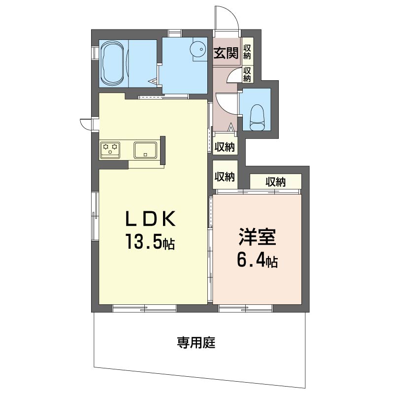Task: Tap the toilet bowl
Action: [x=257, y=117]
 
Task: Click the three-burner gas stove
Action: [x=110, y=150]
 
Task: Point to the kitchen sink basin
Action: [x=145, y=150]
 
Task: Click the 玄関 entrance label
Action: [x=226, y=53]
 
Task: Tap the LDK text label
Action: [x=151, y=219]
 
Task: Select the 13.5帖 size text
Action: [x=150, y=242]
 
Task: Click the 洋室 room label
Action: [x=257, y=237]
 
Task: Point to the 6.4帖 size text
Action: [x=257, y=262]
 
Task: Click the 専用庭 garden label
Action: [x=196, y=342]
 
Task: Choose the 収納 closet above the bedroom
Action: [x=276, y=181]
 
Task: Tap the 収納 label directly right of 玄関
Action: [x=247, y=52]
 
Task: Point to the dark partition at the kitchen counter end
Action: [x=163, y=150]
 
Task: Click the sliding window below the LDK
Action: [x=144, y=308]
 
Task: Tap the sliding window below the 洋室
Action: [x=245, y=308]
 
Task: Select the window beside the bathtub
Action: [x=94, y=53]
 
